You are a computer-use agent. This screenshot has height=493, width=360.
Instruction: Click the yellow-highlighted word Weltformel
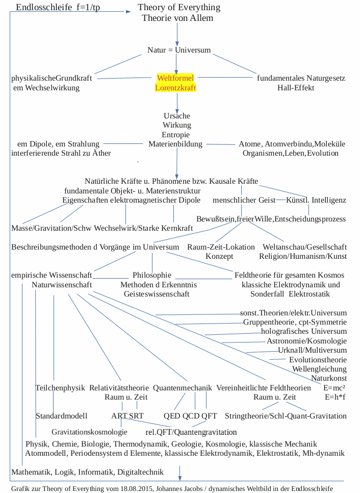click(x=175, y=78)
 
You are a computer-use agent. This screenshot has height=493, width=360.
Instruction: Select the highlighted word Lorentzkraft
click(x=175, y=88)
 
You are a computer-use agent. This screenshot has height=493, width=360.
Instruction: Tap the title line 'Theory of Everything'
click(x=179, y=7)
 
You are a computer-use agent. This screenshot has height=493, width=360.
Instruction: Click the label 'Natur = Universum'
click(x=178, y=51)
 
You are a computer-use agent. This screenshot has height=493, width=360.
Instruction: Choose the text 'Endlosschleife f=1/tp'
click(x=58, y=8)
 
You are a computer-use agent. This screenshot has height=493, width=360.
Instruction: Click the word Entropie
click(x=176, y=134)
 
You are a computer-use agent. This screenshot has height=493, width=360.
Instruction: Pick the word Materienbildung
click(x=175, y=144)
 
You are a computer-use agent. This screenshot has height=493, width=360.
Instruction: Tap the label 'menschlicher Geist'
click(x=244, y=200)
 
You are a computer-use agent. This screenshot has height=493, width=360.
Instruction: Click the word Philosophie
click(x=152, y=275)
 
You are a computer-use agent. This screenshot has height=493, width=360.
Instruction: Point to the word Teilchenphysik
click(x=60, y=388)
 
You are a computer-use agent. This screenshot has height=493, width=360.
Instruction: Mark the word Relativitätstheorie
click(x=119, y=388)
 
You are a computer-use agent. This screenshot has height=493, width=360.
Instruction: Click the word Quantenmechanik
click(x=182, y=388)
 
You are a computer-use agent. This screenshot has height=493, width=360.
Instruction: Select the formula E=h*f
click(x=335, y=397)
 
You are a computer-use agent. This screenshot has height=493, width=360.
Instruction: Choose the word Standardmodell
click(x=61, y=416)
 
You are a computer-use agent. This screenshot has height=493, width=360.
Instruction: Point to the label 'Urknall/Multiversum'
click(x=312, y=350)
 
